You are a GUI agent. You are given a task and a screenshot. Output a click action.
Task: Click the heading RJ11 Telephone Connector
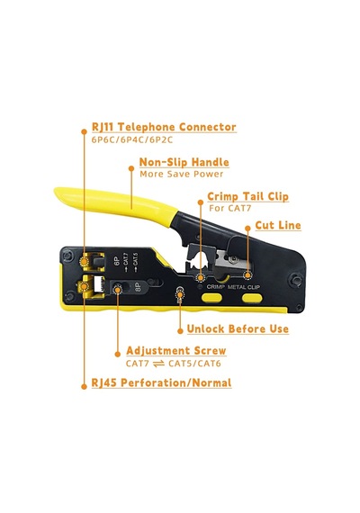[164, 127]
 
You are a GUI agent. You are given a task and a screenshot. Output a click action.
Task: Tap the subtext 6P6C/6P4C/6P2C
[132, 140]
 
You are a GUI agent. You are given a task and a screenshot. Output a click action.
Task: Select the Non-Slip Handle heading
[184, 162]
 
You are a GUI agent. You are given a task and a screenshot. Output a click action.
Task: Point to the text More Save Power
[181, 174]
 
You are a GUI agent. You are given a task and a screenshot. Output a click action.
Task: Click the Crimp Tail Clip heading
[248, 196]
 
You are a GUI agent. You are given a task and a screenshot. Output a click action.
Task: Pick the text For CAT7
[230, 208]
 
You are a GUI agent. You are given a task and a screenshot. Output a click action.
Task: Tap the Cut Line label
[278, 225]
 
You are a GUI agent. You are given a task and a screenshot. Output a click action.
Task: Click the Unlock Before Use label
[238, 328]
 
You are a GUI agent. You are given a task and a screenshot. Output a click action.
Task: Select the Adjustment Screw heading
[176, 350]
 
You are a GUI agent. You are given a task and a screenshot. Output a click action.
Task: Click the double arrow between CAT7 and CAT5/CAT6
[158, 364]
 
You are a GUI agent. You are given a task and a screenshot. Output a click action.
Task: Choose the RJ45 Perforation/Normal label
[161, 382]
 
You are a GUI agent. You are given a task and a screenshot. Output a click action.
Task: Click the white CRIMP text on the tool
[216, 287]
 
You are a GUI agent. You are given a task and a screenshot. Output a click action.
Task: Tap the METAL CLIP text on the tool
[244, 287]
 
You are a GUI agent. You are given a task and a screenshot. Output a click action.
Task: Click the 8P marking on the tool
[138, 287]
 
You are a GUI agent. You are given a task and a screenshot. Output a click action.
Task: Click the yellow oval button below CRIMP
[211, 297]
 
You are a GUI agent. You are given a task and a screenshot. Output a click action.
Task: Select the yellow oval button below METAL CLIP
[252, 298]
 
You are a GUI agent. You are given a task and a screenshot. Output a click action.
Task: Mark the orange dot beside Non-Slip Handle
[131, 168]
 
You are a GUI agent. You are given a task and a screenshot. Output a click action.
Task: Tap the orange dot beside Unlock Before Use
[180, 331]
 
